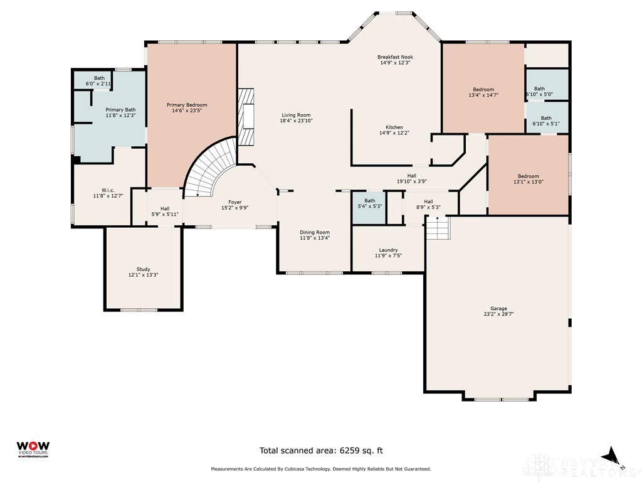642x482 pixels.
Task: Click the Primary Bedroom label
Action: tap(187, 105)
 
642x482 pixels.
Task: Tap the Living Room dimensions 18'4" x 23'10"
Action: tap(296, 121)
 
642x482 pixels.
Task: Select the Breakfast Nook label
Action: tap(395, 57)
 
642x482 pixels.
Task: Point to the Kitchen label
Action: tap(394, 127)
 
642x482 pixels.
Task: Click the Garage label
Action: tap(498, 309)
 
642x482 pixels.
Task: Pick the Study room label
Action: tap(144, 269)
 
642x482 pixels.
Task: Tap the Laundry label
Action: tap(388, 250)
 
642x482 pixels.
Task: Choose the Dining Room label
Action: tap(315, 232)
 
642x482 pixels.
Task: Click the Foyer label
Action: tap(235, 202)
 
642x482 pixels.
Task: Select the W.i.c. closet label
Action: tap(108, 190)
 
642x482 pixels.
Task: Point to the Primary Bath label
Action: tap(120, 110)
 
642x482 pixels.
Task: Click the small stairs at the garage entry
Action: tap(438, 228)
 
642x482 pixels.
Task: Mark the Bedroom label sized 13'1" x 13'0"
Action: tap(528, 176)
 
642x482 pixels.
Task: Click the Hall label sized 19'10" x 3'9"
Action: tap(412, 176)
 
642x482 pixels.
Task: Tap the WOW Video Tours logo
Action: tap(33, 449)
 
